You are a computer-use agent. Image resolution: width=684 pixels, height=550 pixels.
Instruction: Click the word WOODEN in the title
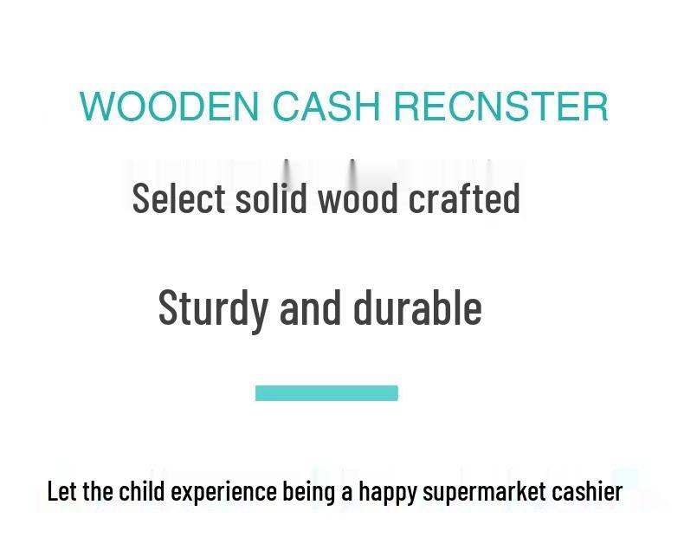click(x=169, y=107)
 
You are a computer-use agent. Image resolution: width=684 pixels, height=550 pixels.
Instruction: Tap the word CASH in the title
click(x=326, y=107)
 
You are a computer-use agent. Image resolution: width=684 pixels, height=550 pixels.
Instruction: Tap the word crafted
click(x=464, y=198)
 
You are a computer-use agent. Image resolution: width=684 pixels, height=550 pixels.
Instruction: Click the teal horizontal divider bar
click(x=326, y=393)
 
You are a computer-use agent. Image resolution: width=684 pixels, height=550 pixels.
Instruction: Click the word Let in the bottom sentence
click(x=61, y=491)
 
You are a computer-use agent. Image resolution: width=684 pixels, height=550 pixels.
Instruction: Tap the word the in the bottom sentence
click(x=98, y=491)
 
